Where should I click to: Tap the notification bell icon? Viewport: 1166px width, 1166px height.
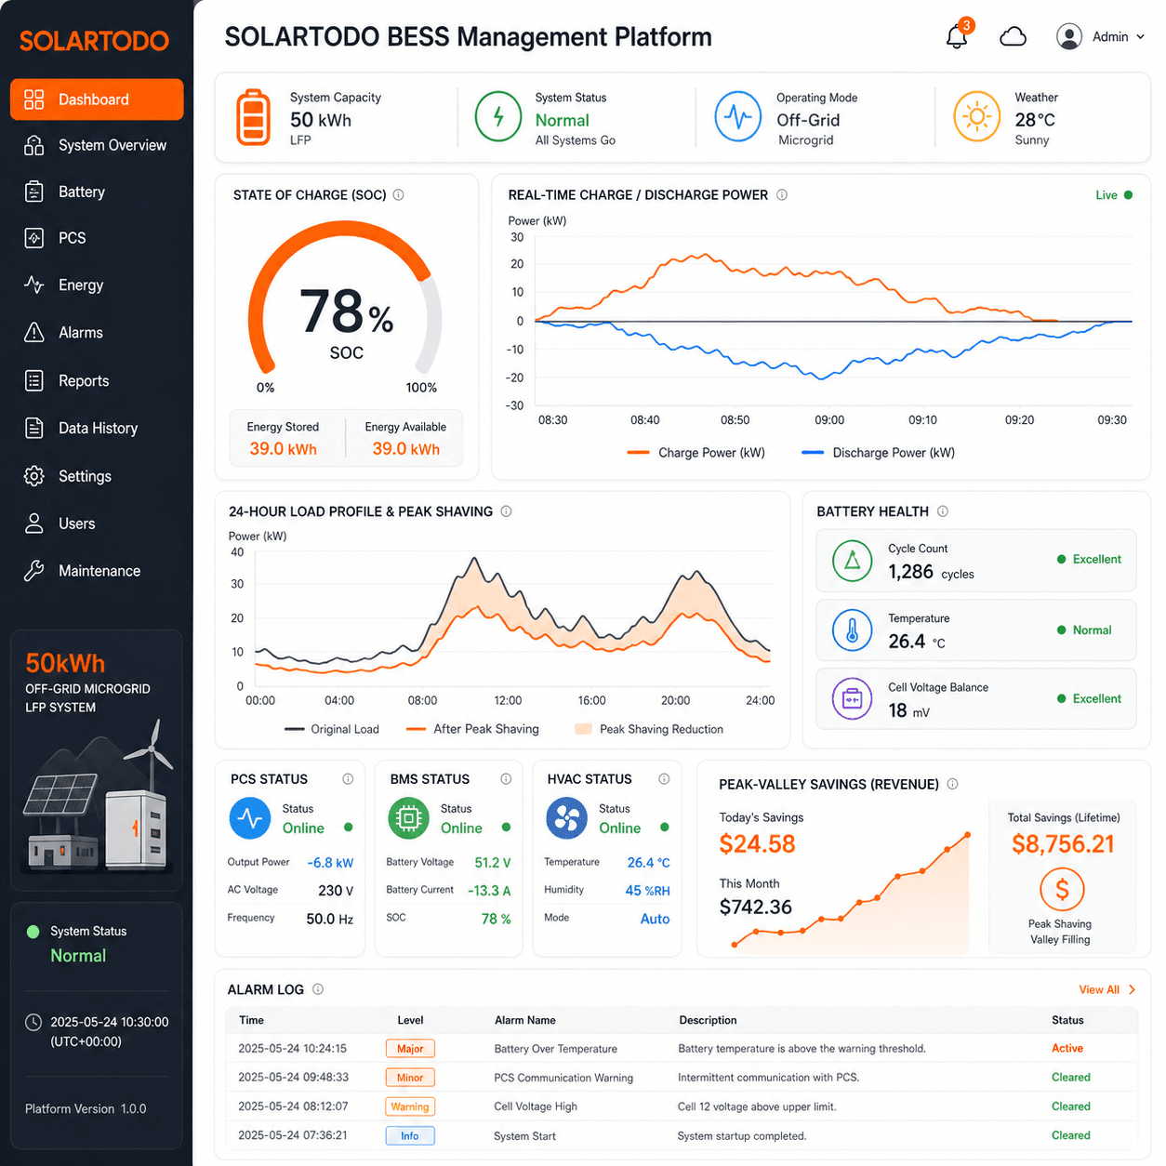click(957, 36)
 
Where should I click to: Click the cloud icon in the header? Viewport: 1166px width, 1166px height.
click(1013, 37)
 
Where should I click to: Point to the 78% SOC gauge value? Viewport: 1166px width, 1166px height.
click(346, 312)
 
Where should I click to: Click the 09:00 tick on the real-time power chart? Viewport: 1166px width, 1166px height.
click(829, 420)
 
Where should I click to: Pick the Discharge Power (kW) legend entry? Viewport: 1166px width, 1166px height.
click(878, 453)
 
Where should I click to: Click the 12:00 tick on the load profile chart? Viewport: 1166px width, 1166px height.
click(508, 700)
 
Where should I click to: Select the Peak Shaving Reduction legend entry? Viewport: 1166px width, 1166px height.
click(649, 729)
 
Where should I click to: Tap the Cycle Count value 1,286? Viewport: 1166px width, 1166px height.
click(910, 571)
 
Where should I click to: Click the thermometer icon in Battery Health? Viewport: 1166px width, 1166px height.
click(852, 629)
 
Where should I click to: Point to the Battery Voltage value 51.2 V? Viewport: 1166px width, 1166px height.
click(493, 862)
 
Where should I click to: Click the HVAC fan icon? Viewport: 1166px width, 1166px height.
click(566, 818)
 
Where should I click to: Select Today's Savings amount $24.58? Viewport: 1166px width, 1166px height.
click(757, 844)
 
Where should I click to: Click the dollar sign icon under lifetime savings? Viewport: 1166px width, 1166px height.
click(1062, 889)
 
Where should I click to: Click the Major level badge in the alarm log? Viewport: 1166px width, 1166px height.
click(410, 1049)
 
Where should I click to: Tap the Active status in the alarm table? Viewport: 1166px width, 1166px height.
click(1067, 1048)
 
